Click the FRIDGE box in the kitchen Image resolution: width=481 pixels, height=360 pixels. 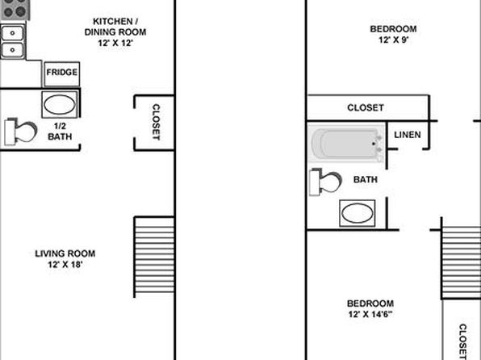pos(62,74)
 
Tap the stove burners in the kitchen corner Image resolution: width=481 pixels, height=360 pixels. pos(15,9)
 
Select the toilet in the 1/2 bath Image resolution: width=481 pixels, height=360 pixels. pos(20,132)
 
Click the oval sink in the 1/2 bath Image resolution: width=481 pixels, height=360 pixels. pos(60,105)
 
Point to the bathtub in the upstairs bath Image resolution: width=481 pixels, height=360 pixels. pos(346,143)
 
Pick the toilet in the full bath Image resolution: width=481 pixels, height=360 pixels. pos(326,182)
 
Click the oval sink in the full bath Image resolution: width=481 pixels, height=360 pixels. pos(358,213)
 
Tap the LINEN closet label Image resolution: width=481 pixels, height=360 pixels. pos(408,135)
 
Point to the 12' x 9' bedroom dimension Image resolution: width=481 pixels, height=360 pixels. pos(393,40)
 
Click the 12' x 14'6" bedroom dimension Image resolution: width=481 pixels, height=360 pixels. pos(370,314)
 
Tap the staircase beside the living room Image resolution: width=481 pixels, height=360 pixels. pos(154,257)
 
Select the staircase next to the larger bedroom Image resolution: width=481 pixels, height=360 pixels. pos(461,262)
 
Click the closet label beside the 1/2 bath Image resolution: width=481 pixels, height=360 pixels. pos(156,122)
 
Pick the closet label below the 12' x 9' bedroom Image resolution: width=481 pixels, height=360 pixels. pos(366,107)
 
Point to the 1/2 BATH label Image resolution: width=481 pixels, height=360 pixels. pos(60,131)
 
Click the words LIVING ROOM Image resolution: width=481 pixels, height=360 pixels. pos(65,253)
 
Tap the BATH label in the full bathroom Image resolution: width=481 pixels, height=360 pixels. pos(366,179)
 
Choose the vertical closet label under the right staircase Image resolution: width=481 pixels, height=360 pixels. pos(462,341)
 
